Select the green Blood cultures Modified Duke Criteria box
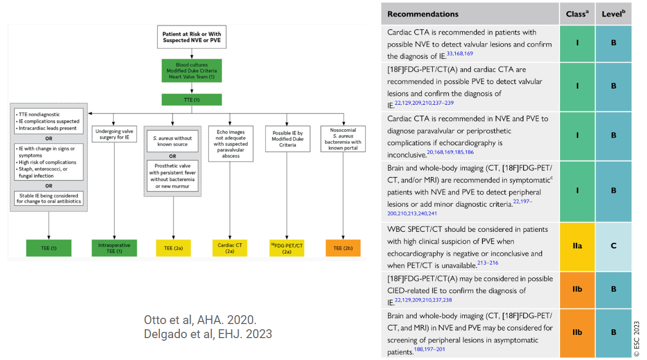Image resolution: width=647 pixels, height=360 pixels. tap(192, 71)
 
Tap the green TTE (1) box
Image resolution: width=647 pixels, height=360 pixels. tap(192, 99)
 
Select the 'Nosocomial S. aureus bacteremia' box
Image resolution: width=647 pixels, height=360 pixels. tap(343, 138)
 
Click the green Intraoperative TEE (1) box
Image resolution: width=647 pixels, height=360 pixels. tap(114, 248)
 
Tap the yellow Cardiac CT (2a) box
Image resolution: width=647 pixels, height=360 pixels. tap(230, 248)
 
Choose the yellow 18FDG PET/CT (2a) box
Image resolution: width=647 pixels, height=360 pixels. tap(288, 248)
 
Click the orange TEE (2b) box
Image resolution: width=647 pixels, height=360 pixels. tap(343, 248)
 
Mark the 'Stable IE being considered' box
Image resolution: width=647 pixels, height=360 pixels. tap(48, 198)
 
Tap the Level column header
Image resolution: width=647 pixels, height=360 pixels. tap(613, 14)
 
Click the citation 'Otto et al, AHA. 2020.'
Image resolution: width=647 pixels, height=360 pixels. tap(200, 320)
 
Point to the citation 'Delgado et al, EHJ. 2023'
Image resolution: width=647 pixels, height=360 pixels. tap(207, 334)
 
